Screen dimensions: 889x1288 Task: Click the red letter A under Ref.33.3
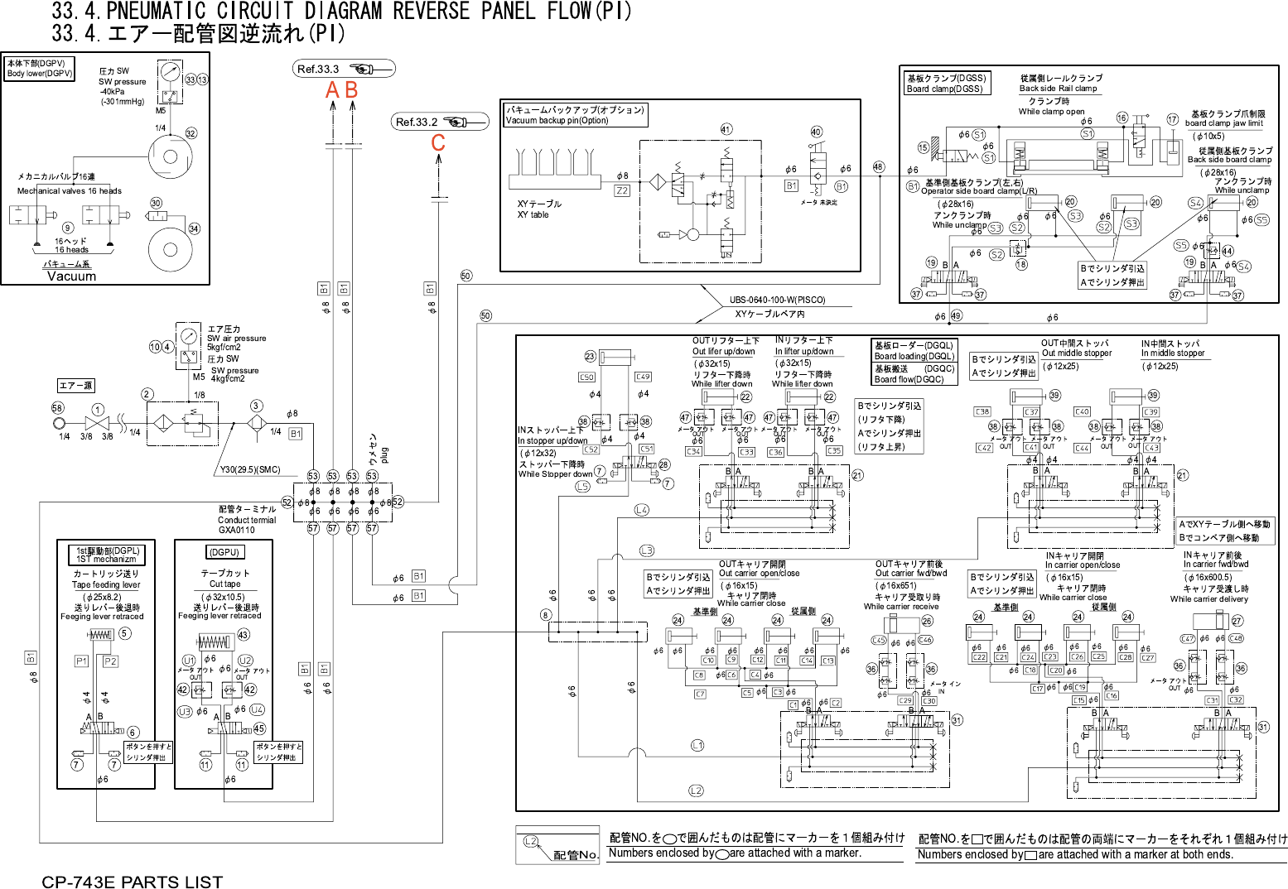pyautogui.click(x=333, y=90)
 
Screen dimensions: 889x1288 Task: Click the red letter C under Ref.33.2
pyautogui.click(x=438, y=143)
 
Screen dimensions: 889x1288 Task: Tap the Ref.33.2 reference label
pyautogui.click(x=417, y=122)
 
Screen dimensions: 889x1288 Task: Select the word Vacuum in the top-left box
pyautogui.click(x=71, y=276)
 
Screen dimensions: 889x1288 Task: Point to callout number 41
pyautogui.click(x=726, y=129)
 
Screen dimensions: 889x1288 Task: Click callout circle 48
pyautogui.click(x=878, y=167)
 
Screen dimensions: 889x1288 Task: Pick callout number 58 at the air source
pyautogui.click(x=57, y=408)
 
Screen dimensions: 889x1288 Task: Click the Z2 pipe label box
pyautogui.click(x=622, y=190)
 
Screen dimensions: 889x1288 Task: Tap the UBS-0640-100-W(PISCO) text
pyautogui.click(x=777, y=300)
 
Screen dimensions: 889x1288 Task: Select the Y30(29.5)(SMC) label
pyautogui.click(x=250, y=470)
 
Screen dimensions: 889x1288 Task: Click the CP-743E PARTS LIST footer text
pyautogui.click(x=133, y=882)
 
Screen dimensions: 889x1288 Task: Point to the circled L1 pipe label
pyautogui.click(x=697, y=746)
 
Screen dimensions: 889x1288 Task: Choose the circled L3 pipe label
pyautogui.click(x=646, y=550)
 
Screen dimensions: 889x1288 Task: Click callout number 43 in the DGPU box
pyautogui.click(x=243, y=635)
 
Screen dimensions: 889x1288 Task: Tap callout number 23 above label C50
pyautogui.click(x=590, y=357)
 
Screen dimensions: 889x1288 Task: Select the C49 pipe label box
pyautogui.click(x=643, y=377)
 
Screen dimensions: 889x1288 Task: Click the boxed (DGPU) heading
pyautogui.click(x=224, y=552)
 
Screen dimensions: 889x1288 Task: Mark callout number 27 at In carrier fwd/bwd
pyautogui.click(x=1237, y=621)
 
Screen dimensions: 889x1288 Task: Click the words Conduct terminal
pyautogui.click(x=247, y=520)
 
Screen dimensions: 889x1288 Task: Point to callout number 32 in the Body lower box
pyautogui.click(x=191, y=133)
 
